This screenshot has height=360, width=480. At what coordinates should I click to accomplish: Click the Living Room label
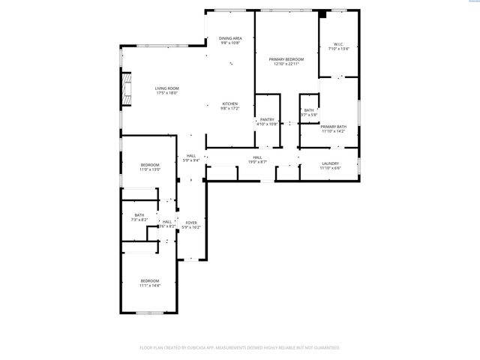tap(166, 88)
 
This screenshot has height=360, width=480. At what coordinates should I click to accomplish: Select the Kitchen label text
tap(229, 103)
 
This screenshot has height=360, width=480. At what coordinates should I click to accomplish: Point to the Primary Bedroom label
tap(286, 59)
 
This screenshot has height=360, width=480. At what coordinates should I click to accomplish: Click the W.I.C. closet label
tap(339, 45)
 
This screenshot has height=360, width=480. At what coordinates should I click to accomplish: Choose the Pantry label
tap(267, 119)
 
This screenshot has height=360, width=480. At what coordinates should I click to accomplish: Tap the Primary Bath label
tap(333, 127)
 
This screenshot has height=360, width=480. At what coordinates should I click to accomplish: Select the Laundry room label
tap(330, 163)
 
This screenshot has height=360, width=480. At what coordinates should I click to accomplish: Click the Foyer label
tap(191, 223)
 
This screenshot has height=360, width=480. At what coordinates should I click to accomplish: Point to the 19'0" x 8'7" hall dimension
tap(258, 162)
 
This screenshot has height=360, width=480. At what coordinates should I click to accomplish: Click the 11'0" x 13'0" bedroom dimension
tap(151, 170)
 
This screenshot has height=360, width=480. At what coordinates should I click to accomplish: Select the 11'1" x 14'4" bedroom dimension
tap(149, 286)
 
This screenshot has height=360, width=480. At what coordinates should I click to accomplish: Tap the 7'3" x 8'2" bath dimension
tap(139, 220)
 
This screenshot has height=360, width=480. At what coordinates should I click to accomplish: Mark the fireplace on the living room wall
tap(127, 89)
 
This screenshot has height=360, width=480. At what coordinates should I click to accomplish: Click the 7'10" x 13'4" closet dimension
tap(339, 49)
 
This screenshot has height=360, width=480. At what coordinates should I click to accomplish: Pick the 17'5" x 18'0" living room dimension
tap(166, 93)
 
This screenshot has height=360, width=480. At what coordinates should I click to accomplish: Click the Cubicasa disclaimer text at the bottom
tap(240, 347)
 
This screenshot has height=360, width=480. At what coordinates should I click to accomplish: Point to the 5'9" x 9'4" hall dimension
tap(191, 160)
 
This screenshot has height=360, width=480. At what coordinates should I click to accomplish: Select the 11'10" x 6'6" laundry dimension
tap(330, 168)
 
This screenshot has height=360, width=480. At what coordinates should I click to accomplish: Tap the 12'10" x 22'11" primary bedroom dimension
tap(286, 64)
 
